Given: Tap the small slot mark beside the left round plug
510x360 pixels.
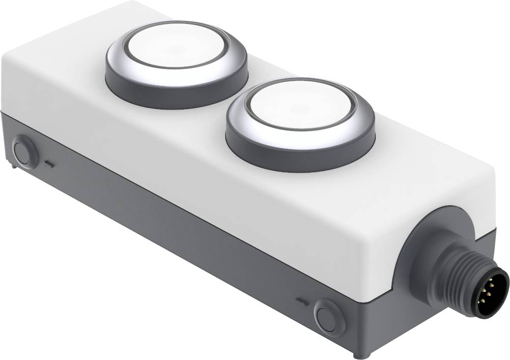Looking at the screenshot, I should (x=49, y=164).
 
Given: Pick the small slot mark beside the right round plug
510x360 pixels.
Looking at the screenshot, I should (x=301, y=300).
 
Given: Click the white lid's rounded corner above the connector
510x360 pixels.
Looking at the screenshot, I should (x=484, y=183).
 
